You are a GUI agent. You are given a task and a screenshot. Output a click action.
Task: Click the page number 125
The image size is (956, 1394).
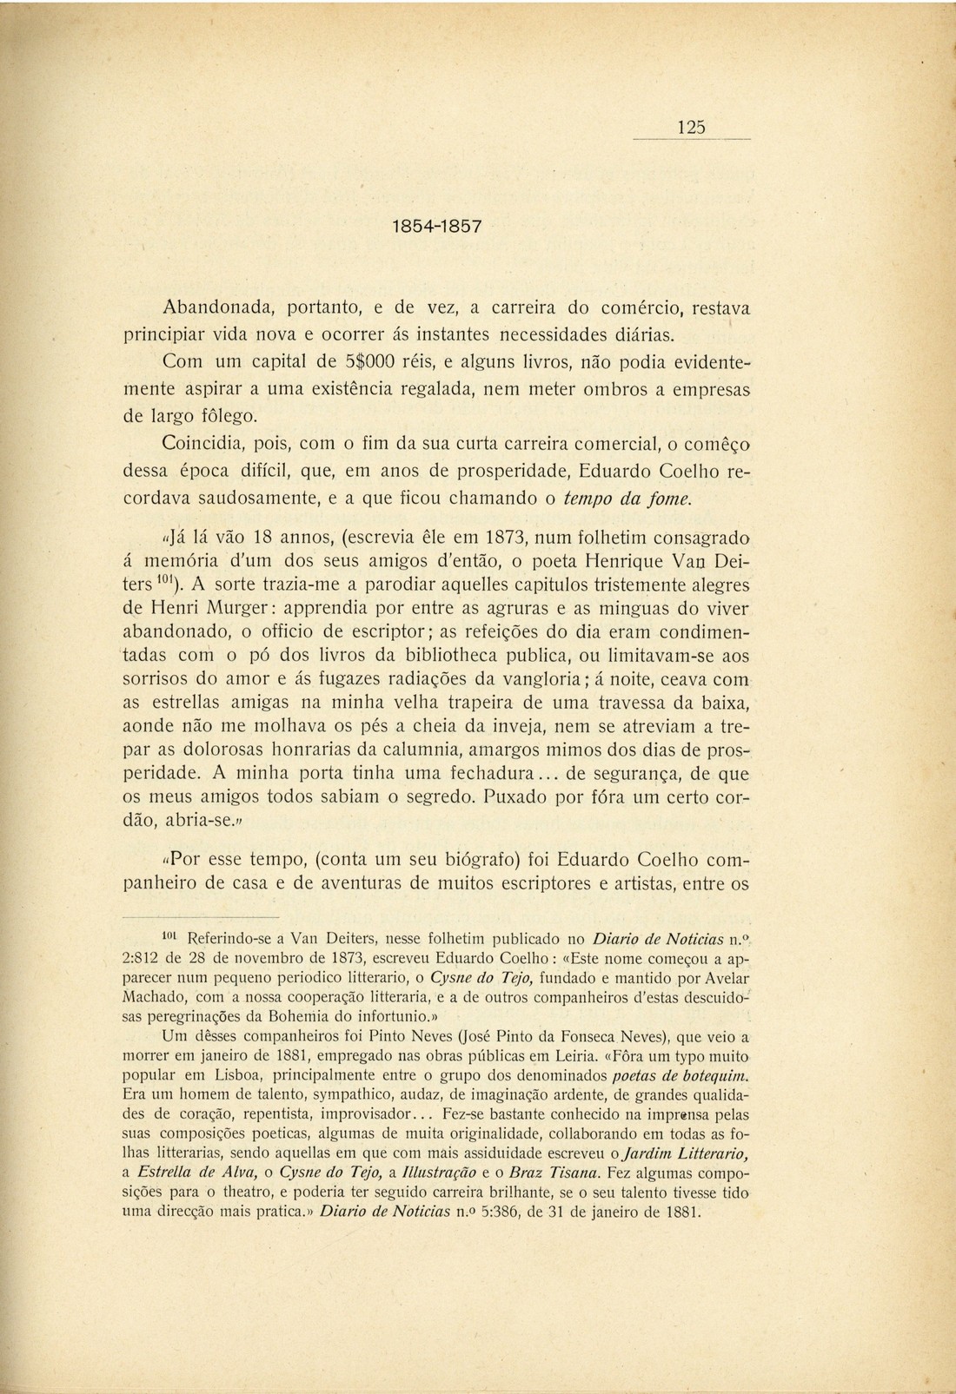691,127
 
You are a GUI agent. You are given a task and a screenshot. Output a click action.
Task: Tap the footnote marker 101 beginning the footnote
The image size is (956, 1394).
171,936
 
